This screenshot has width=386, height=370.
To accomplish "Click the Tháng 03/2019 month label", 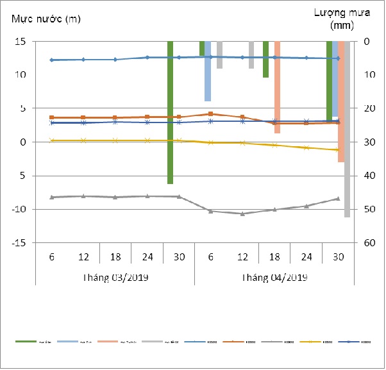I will pyautogui.click(x=115, y=278).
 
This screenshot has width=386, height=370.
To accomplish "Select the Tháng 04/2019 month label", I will pyautogui.click(x=274, y=278).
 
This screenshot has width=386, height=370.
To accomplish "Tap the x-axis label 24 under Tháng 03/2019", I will pyautogui.click(x=147, y=256).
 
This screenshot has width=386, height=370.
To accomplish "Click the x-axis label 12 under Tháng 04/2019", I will pyautogui.click(x=242, y=256).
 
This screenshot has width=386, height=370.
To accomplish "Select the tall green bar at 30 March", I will pyautogui.click(x=171, y=112).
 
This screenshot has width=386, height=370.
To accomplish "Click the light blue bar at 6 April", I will pyautogui.click(x=208, y=71).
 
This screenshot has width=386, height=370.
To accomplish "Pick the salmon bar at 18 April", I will pyautogui.click(x=277, y=87).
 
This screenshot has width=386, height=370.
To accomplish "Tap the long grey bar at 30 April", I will pyautogui.click(x=347, y=128).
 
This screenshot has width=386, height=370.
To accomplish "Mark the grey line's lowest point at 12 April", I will pyautogui.click(x=242, y=214).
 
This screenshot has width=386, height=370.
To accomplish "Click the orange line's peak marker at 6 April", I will pyautogui.click(x=210, y=114).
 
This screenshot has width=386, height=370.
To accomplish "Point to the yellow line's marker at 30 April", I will pyautogui.click(x=338, y=150).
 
